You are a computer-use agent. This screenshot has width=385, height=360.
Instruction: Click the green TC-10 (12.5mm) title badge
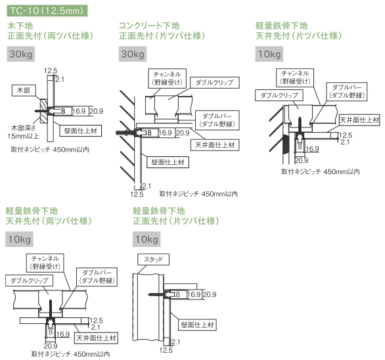click(47, 11)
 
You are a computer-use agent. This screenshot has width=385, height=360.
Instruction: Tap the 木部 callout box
click(24, 91)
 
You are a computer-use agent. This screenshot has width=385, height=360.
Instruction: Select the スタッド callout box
click(154, 259)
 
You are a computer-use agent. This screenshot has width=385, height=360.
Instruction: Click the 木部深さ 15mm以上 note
click(24, 132)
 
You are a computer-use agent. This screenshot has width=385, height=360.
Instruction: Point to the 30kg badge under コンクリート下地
click(133, 54)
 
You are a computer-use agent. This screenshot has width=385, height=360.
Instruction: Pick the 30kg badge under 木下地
click(21, 54)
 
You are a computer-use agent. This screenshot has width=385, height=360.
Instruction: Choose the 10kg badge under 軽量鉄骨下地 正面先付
click(147, 239)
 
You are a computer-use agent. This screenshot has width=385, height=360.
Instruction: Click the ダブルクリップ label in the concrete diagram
click(215, 83)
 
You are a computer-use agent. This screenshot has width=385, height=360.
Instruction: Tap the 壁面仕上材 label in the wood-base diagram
click(81, 131)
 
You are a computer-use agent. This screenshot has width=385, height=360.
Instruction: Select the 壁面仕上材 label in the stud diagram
click(197, 325)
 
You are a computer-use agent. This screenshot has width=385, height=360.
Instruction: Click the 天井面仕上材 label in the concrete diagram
click(215, 145)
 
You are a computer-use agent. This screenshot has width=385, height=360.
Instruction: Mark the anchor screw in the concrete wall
click(126, 133)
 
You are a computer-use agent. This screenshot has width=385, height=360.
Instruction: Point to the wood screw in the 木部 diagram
click(43, 111)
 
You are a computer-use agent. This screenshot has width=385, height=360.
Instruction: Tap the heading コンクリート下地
click(149, 26)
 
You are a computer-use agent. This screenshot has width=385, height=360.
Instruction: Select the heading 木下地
click(20, 26)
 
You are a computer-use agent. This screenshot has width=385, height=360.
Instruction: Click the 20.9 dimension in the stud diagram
click(210, 294)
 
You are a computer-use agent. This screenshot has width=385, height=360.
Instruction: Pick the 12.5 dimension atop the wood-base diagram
click(51, 71)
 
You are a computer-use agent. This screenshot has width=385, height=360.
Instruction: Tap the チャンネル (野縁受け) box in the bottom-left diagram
click(45, 263)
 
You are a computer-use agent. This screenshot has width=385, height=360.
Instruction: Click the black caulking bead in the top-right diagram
click(285, 145)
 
